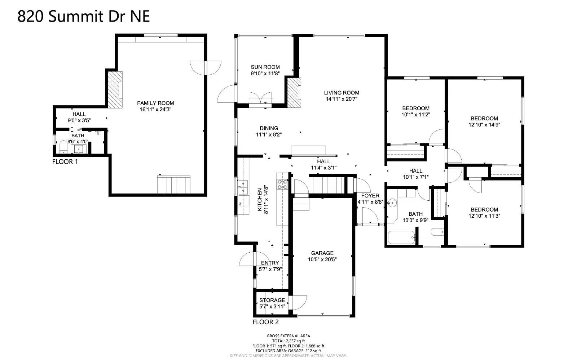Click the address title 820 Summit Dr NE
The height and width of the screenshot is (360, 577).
click(x=84, y=16)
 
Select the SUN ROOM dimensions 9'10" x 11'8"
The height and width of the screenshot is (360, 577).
click(x=265, y=74)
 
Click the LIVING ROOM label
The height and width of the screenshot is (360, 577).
click(x=341, y=93)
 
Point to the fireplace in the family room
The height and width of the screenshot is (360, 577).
click(x=115, y=89)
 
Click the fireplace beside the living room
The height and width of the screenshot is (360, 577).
click(x=294, y=92)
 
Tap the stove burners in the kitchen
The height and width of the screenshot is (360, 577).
click(x=282, y=185)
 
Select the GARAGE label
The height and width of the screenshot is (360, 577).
click(x=322, y=253)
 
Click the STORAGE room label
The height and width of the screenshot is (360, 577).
click(x=272, y=300)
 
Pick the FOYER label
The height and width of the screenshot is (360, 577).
click(x=370, y=196)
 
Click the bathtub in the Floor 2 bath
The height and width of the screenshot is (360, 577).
click(x=401, y=238)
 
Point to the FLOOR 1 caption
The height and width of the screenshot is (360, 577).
click(x=65, y=162)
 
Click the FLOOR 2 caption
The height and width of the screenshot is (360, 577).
click(x=265, y=322)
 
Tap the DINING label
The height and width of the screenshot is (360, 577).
click(x=269, y=128)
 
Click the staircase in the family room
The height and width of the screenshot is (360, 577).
click(x=173, y=185)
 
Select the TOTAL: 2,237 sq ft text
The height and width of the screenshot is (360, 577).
click(x=288, y=341)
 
